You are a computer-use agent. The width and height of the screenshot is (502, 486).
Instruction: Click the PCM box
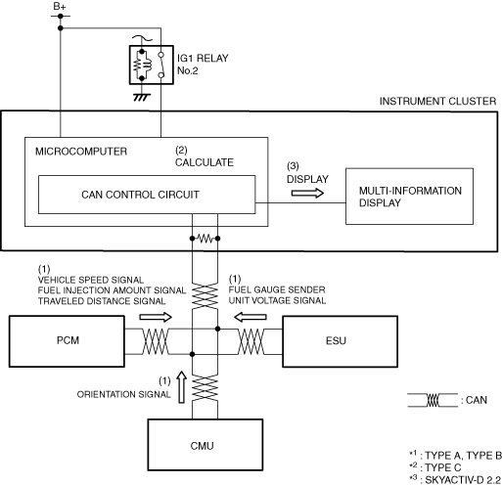coord(67,341)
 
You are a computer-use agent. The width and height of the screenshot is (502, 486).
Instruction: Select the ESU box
coord(340,341)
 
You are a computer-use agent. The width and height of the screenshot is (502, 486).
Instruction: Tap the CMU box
coord(205,445)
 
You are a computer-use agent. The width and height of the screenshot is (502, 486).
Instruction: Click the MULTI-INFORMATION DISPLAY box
coord(409,197)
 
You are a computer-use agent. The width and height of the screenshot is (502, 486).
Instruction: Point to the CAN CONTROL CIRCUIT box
coord(147,195)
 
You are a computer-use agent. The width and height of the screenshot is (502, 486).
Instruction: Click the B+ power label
coord(60,7)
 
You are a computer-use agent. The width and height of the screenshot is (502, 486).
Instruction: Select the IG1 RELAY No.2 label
coord(203,65)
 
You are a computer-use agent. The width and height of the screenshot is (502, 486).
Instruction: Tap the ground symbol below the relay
coord(142,97)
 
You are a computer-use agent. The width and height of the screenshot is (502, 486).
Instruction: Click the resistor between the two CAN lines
coord(205,239)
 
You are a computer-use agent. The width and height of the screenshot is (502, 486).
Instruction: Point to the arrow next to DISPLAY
coord(307,194)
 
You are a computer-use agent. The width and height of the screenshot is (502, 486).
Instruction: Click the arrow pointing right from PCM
coord(156,317)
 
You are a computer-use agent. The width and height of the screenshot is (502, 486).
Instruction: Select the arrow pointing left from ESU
coord(251,317)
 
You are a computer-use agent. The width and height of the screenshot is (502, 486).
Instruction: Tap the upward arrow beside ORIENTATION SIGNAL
coord(181,387)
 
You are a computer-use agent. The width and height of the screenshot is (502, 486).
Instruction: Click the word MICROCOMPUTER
coord(81,152)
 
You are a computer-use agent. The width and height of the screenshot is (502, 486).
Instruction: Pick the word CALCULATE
coord(205,162)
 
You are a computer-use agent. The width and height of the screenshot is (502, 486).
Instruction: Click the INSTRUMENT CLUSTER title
coord(437,102)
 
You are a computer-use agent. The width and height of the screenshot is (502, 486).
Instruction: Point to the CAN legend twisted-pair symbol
coord(433,400)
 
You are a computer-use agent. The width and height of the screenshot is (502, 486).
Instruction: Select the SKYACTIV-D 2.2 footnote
coord(455,480)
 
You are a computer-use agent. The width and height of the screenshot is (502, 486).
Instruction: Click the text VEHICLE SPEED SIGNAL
coord(91,280)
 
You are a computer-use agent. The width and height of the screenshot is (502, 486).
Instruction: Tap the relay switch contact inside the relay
coord(161,66)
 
